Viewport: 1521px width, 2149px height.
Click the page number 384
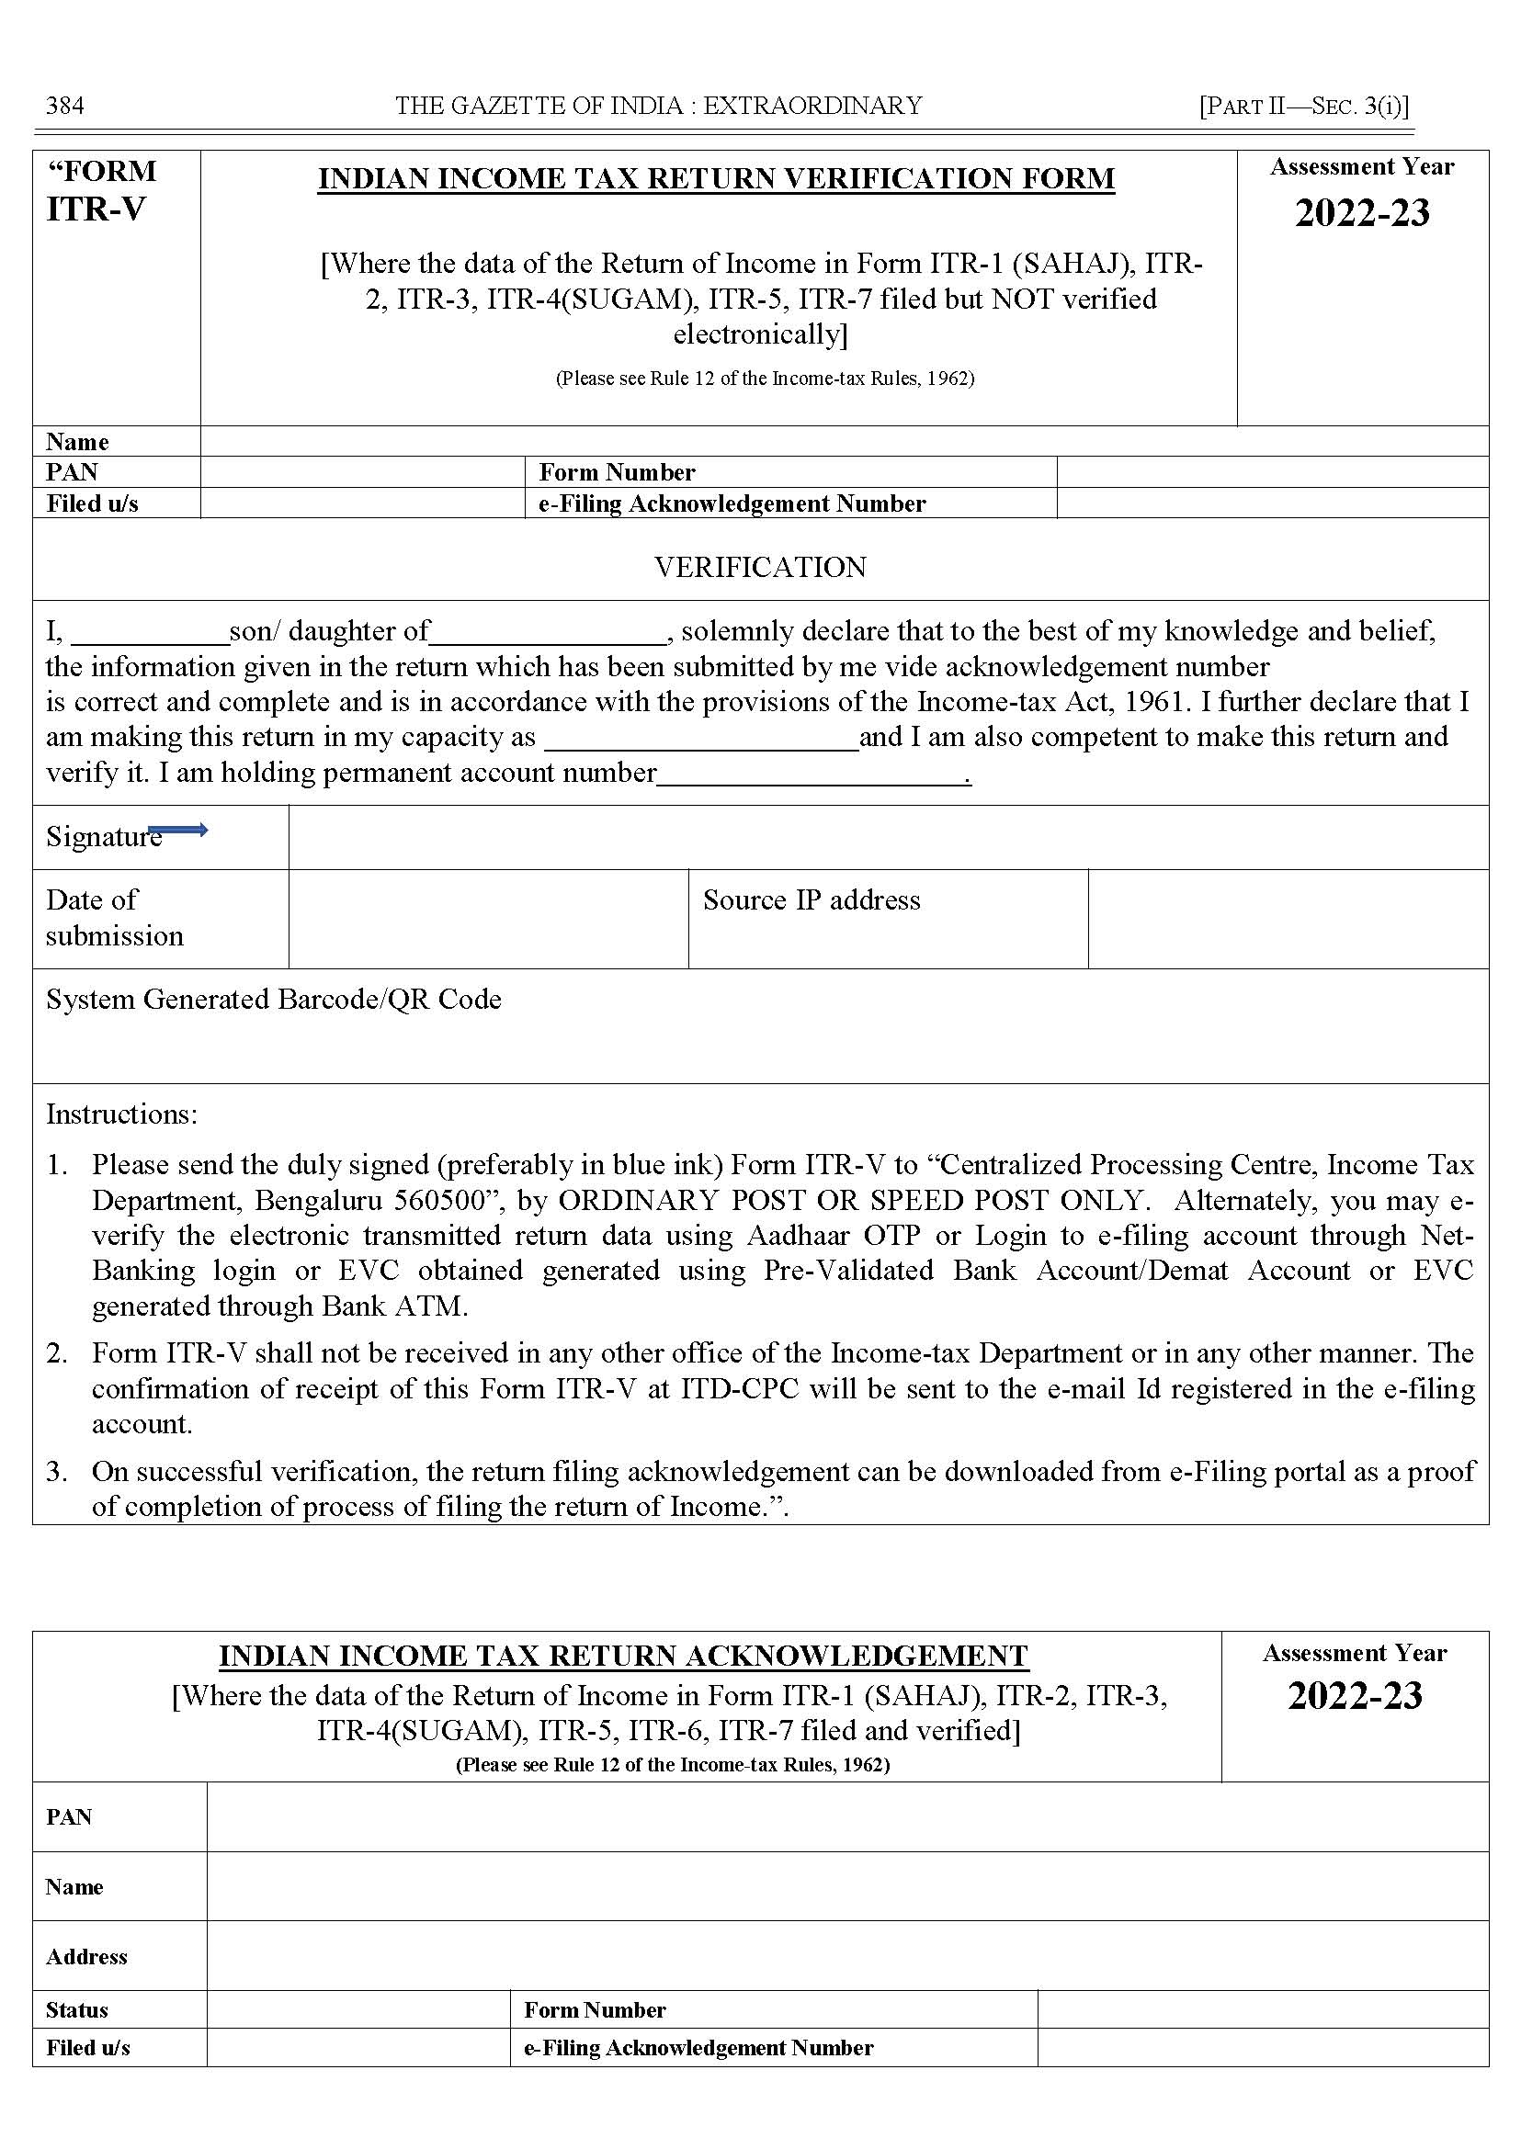pos(64,106)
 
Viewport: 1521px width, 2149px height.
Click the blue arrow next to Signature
pos(178,831)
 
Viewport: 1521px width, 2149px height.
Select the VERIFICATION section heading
pos(759,568)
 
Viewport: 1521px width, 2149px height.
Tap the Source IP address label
pos(812,900)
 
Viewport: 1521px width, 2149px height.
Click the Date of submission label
pos(114,918)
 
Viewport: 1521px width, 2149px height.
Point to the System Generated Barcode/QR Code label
pos(274,1000)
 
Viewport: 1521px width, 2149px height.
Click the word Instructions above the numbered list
pos(120,1114)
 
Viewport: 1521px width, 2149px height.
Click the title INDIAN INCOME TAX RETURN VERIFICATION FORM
pos(717,178)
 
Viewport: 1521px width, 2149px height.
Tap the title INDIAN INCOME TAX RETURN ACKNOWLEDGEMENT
pos(624,1657)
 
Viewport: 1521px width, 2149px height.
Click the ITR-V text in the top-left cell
pos(96,209)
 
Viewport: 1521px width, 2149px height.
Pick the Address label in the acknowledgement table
pos(86,1957)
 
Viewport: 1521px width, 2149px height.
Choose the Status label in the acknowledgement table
pos(77,2010)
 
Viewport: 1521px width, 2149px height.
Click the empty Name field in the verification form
pos(843,441)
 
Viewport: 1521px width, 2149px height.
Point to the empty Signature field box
pos(888,837)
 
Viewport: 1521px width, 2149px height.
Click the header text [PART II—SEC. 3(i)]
pos(1304,106)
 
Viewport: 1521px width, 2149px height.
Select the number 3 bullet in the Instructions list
pos(56,1472)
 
